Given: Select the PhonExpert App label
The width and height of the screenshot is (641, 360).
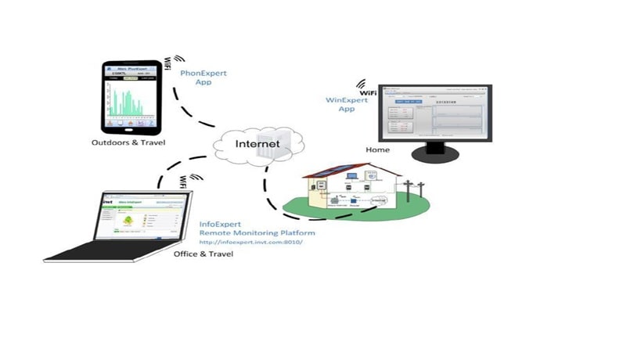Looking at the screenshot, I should (203, 77).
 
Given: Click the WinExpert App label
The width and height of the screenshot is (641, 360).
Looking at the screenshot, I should (347, 104).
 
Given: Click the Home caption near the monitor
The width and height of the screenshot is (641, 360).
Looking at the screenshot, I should (377, 149).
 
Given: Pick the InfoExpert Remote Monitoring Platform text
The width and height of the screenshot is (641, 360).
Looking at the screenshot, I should (254, 229).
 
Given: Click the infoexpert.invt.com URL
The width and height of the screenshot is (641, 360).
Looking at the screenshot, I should (251, 242).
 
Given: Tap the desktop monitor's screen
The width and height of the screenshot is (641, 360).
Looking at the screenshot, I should (435, 116).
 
